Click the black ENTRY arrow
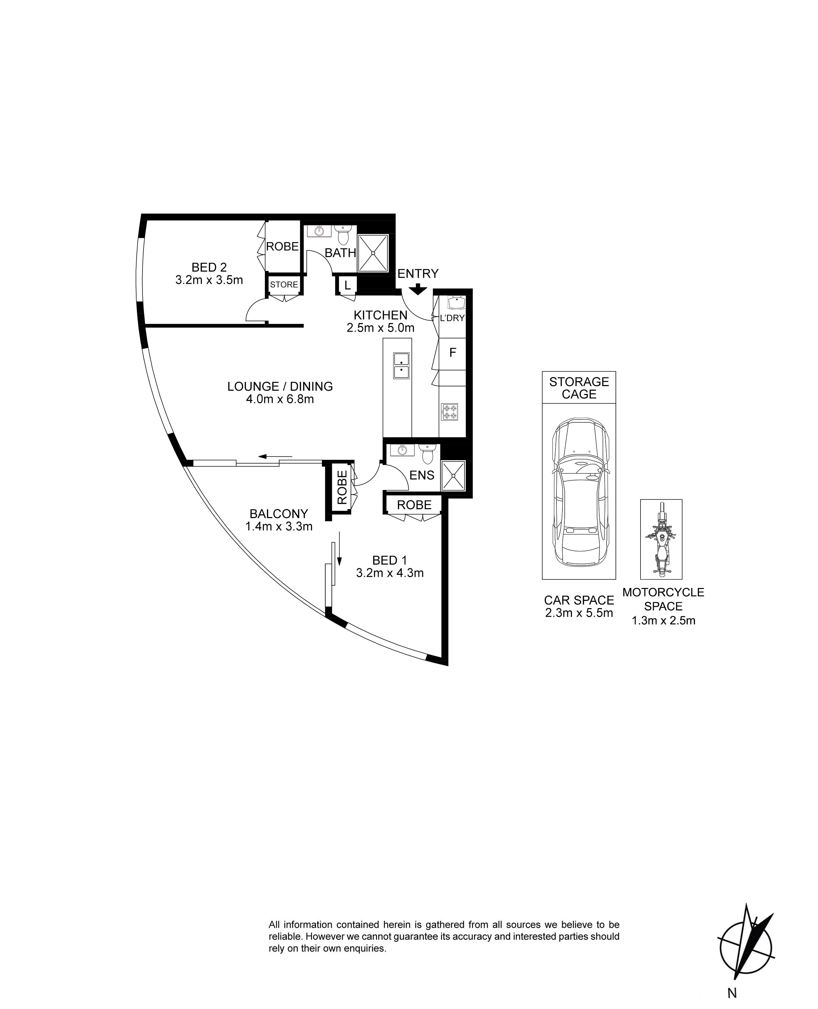[418, 289]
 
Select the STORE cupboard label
[284, 285]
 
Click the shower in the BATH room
[373, 253]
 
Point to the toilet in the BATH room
[344, 235]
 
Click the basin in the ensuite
[402, 450]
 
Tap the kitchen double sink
[401, 366]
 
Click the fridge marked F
[452, 353]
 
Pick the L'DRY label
[452, 318]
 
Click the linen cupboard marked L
[347, 285]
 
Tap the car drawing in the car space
[579, 493]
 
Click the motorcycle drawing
[661, 539]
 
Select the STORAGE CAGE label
[579, 388]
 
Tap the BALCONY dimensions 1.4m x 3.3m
[279, 526]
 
